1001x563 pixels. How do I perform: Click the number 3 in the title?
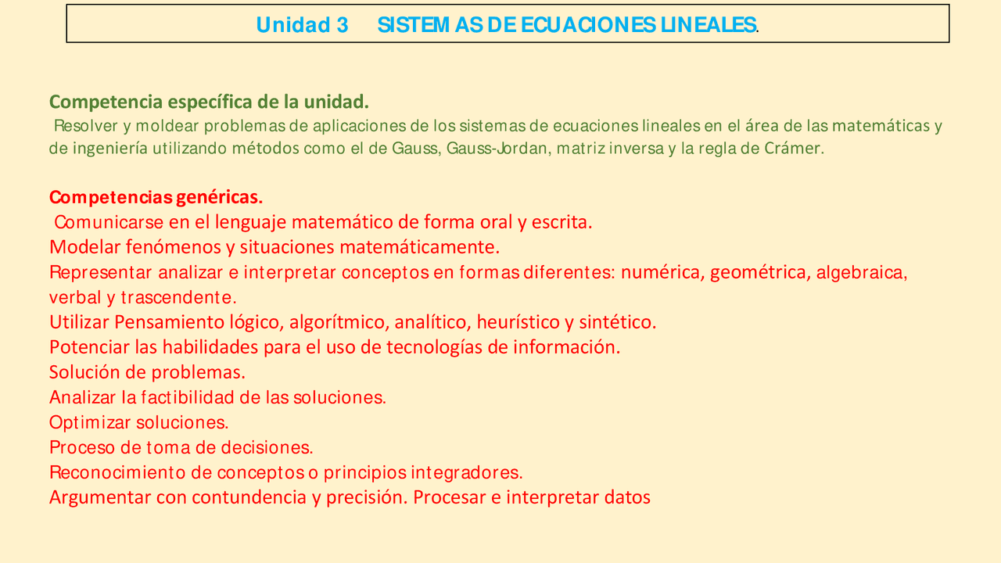coord(342,25)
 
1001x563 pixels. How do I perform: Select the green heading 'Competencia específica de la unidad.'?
coord(209,102)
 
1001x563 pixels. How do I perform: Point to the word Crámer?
coord(794,149)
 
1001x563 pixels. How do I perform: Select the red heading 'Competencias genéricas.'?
coord(156,197)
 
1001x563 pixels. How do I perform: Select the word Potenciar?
coord(89,347)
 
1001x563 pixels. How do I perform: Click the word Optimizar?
coord(90,422)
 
